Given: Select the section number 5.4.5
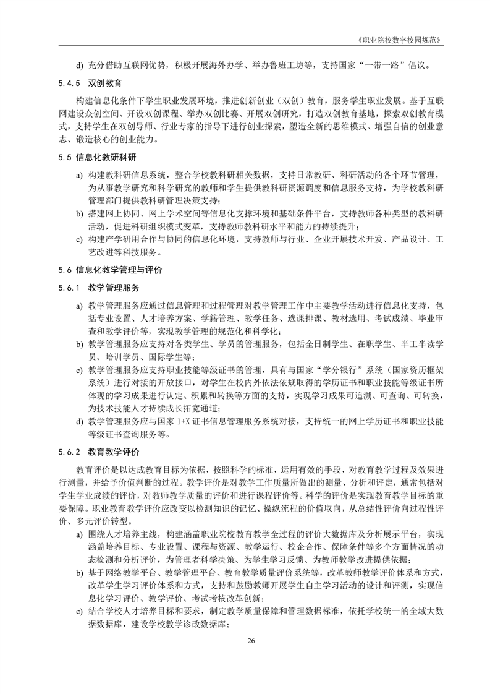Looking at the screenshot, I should pyautogui.click(x=70, y=82).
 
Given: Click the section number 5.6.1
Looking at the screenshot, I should pyautogui.click(x=70, y=288).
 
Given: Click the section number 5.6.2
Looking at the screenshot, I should pyautogui.click(x=70, y=452).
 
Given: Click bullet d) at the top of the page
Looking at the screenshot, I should pyautogui.click(x=79, y=65).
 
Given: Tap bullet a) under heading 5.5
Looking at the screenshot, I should pyautogui.click(x=79, y=176).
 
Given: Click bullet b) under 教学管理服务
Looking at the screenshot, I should pyautogui.click(x=79, y=343).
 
